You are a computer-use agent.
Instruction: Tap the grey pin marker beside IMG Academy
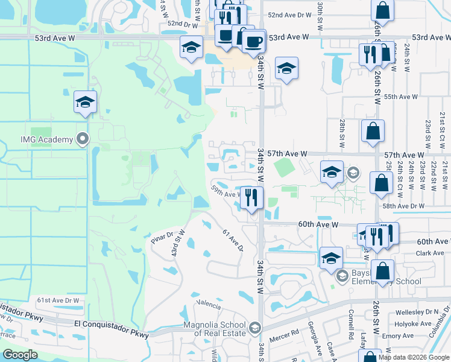tap(84, 139)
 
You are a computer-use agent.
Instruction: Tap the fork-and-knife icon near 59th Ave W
tap(251, 197)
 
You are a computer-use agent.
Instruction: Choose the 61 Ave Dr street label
tap(232, 240)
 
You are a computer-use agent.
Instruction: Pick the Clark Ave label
tap(430, 253)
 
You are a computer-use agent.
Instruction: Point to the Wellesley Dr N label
tap(417, 313)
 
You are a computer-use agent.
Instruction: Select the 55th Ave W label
tap(401, 97)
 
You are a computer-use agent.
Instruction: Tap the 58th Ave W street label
tap(414, 206)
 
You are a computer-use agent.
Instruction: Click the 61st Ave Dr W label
tap(58, 300)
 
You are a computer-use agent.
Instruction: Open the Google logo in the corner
tap(20, 355)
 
